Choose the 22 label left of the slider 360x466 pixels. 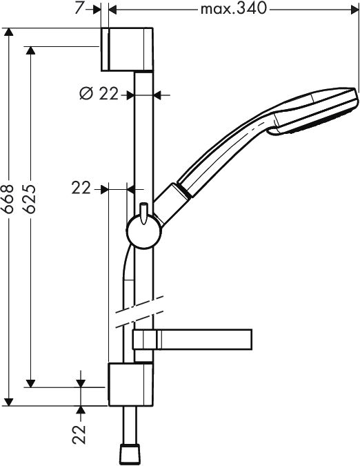coord(81,187)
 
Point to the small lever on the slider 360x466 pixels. coord(143,213)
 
